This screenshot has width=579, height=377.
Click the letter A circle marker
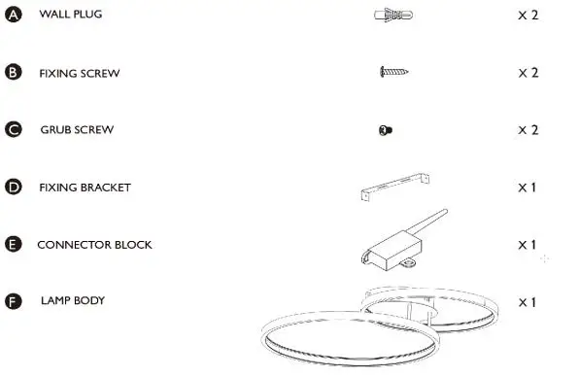(x=13, y=16)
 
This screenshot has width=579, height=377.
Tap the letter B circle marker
(x=13, y=72)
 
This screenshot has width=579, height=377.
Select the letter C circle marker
(x=13, y=129)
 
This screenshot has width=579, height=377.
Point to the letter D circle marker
(x=13, y=187)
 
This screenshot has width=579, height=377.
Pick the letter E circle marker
(x=13, y=244)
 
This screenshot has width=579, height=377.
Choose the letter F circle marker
(x=13, y=301)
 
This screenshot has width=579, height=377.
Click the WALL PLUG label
(x=70, y=16)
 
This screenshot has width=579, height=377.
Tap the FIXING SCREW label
(x=79, y=73)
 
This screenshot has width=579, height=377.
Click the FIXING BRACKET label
(x=85, y=187)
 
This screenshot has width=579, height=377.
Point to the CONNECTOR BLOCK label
(x=94, y=244)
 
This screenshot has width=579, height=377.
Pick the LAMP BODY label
(x=73, y=300)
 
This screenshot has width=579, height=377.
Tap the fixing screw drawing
(x=394, y=72)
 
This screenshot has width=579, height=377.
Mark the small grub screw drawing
(x=386, y=130)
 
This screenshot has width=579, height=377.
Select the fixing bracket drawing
(x=398, y=186)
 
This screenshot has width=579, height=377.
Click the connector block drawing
(x=398, y=243)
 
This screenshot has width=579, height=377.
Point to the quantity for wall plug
(x=528, y=16)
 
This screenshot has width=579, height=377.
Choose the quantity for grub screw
(x=528, y=129)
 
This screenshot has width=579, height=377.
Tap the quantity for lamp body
(x=528, y=301)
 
